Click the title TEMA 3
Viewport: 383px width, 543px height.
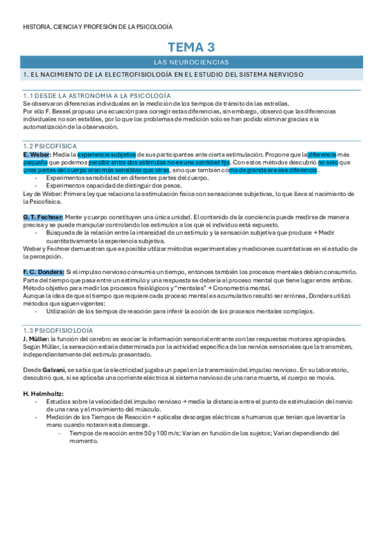coord(191,47)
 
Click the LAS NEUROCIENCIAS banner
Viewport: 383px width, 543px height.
coord(191,62)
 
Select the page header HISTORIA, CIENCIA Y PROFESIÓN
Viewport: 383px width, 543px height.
coord(97,27)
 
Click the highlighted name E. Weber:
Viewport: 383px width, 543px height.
coord(36,155)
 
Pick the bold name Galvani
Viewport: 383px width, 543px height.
coord(53,369)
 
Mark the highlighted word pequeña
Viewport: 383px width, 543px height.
coord(35,163)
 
